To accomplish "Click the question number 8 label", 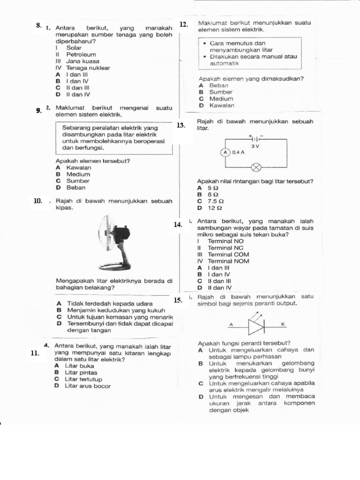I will [39, 25].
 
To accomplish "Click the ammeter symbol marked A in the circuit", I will [225, 152].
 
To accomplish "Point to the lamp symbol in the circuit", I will [256, 166].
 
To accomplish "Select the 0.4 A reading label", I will [238, 152].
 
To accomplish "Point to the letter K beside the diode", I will [283, 324].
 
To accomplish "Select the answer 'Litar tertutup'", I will [83, 379].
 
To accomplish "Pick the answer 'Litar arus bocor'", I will [88, 386].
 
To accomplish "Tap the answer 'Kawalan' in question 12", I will [222, 105].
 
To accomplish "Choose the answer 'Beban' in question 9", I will [76, 187].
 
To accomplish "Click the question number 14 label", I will [178, 225].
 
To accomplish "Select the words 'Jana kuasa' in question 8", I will [82, 61].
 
